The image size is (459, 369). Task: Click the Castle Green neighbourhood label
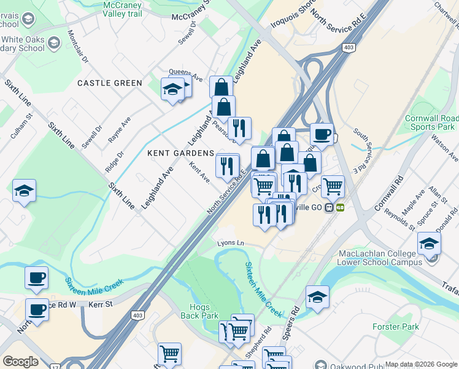(109, 83)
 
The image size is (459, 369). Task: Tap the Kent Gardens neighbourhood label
(180, 153)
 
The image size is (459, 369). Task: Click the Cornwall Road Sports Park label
(431, 122)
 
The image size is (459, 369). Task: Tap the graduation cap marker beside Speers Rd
(317, 296)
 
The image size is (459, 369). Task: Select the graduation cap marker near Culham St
(24, 191)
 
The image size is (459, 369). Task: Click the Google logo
(20, 362)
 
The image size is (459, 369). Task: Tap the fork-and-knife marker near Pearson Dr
(239, 128)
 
